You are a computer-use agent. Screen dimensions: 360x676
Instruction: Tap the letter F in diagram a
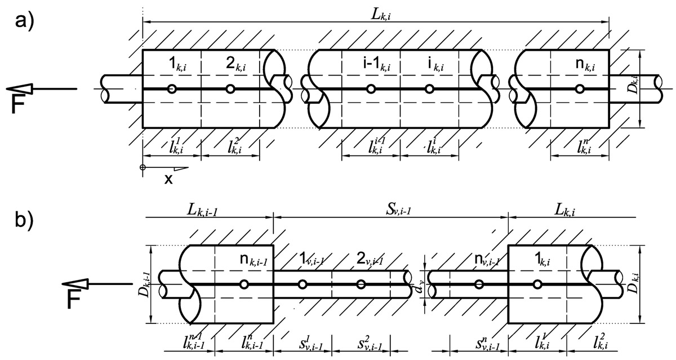19,105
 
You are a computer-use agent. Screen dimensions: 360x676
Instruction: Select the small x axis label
168,179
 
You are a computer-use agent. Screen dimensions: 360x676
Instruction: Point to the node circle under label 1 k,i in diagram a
172,89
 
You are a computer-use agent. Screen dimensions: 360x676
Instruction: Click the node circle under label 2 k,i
230,89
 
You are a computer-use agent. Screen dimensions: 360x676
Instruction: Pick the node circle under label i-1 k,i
371,89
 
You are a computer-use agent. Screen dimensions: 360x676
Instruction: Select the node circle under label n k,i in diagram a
580,89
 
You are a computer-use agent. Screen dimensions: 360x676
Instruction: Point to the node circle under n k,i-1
243,285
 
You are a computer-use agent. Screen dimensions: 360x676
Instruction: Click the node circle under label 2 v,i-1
361,285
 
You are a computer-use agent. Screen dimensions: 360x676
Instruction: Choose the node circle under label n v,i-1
478,285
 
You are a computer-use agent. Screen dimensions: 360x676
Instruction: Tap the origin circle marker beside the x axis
143,167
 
